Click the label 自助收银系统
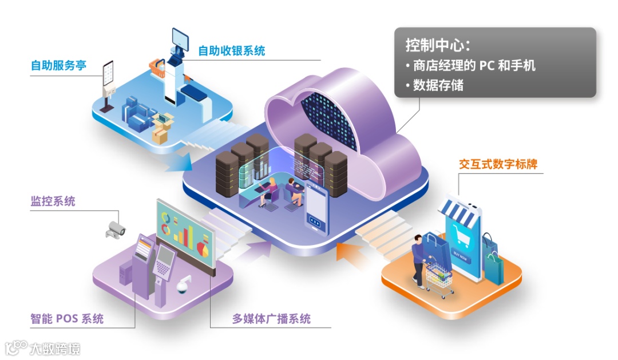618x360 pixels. click(231, 51)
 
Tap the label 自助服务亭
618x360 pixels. click(58, 65)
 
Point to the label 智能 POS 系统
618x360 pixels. click(67, 318)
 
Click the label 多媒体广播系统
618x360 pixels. click(271, 318)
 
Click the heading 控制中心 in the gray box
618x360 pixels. click(438, 45)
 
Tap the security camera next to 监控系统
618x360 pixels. click(115, 228)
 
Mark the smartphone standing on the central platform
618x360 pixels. click(316, 209)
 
